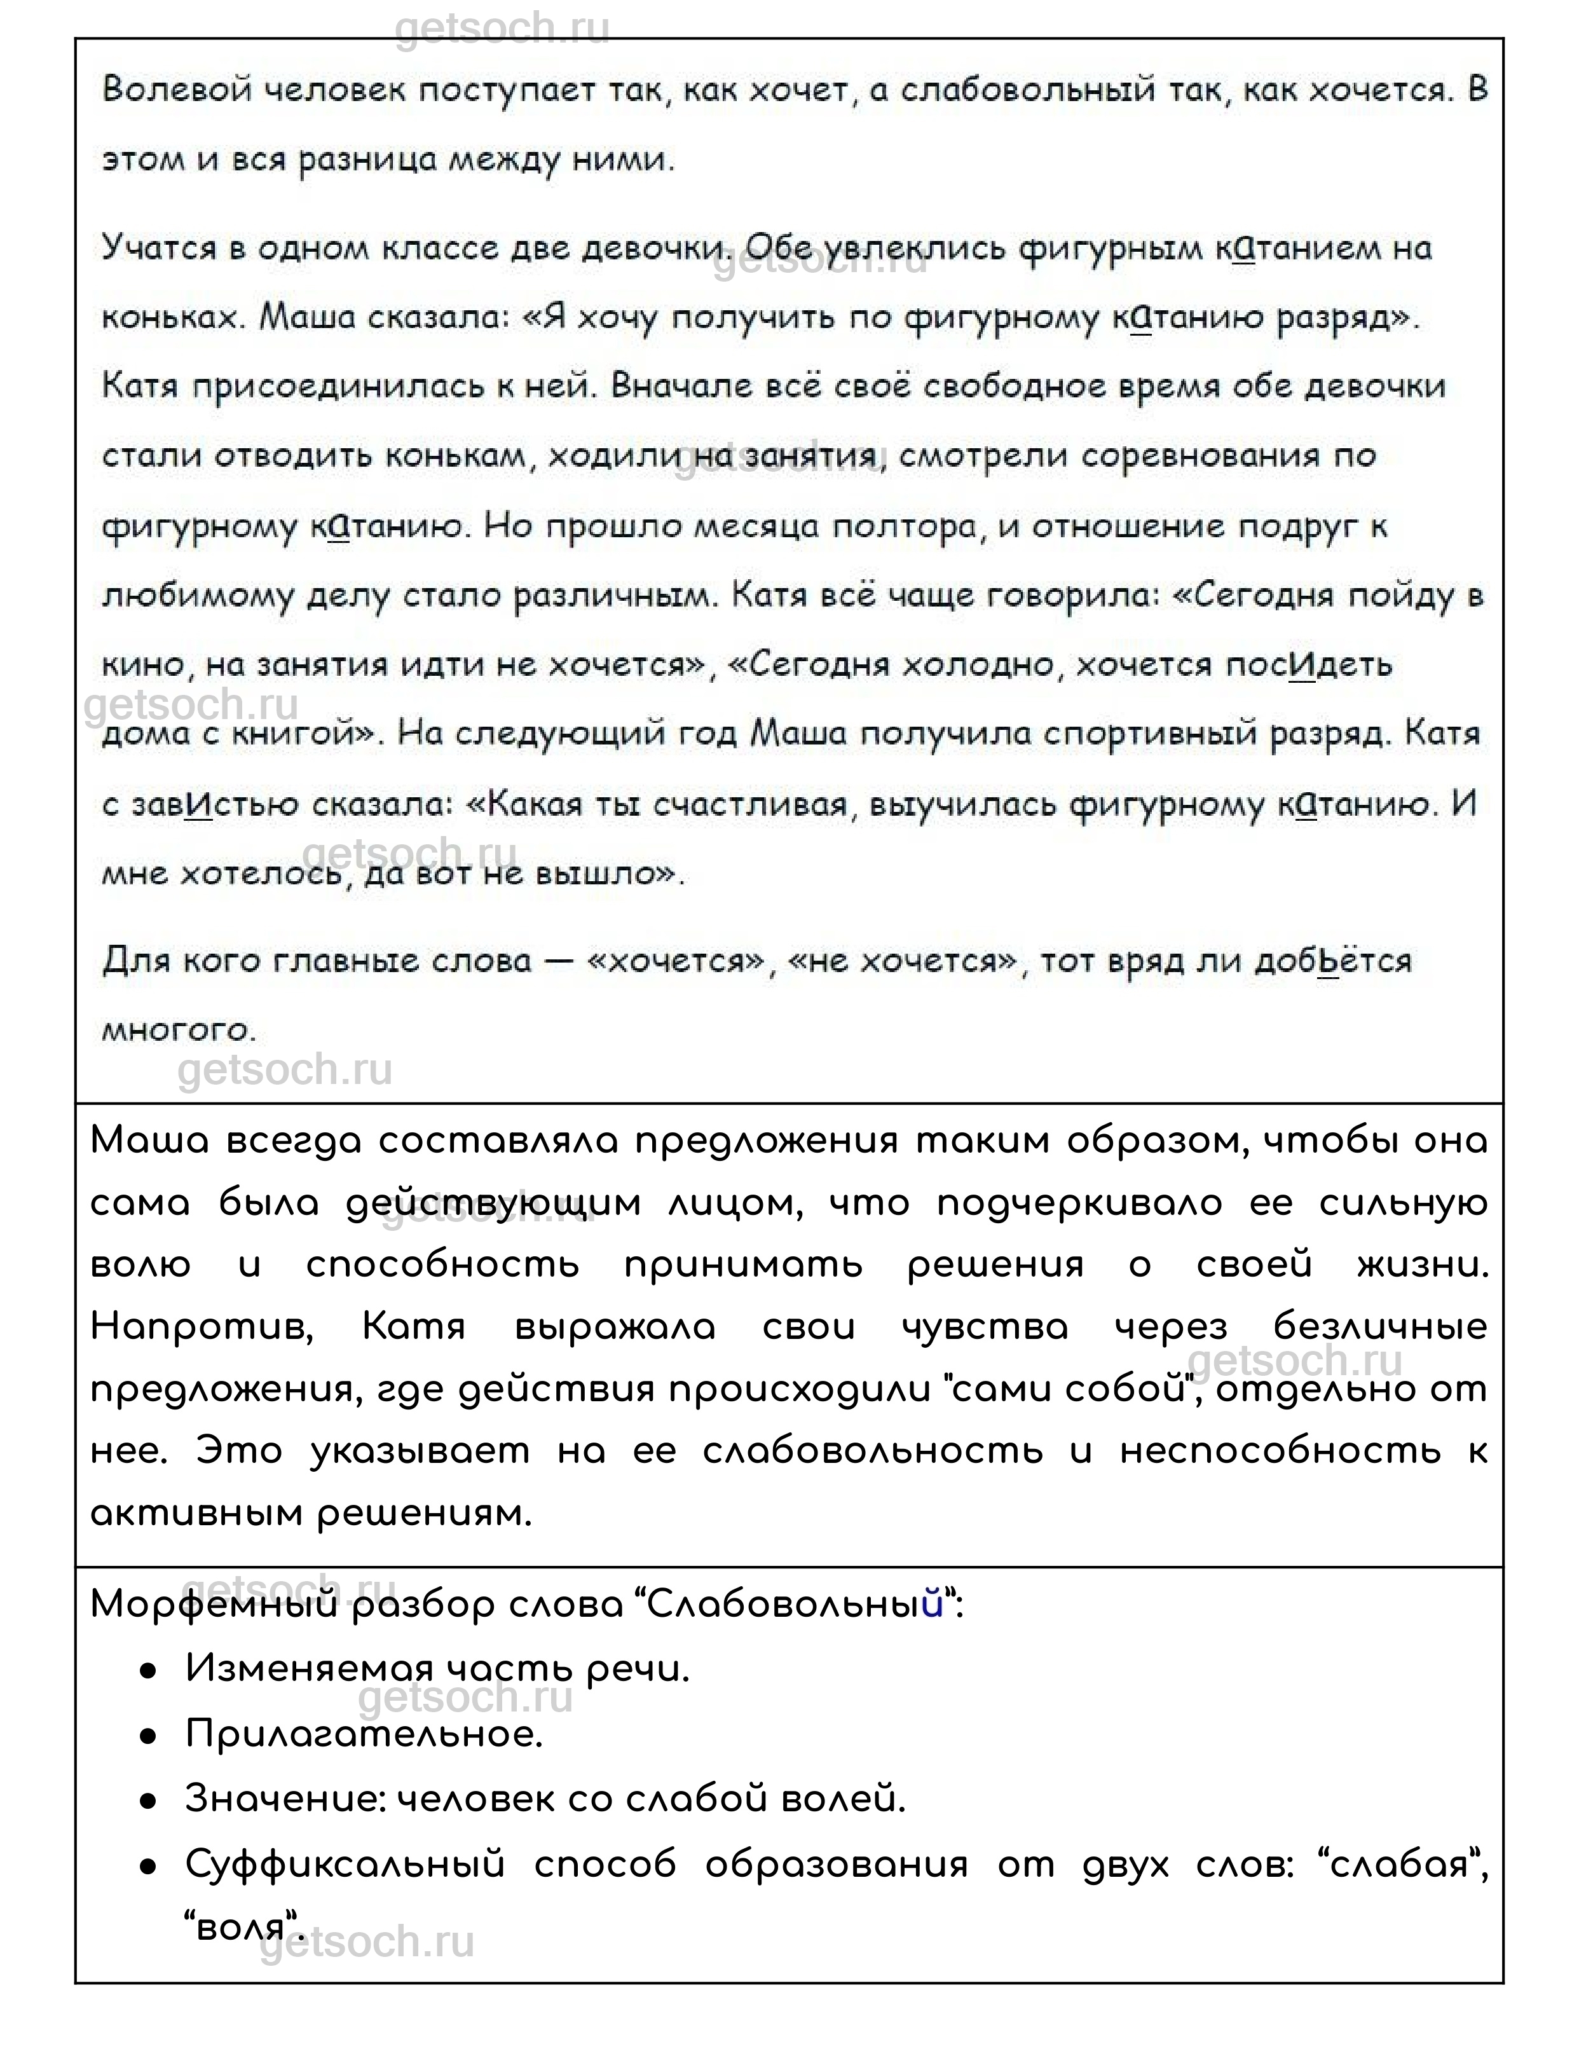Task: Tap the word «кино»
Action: (x=141, y=665)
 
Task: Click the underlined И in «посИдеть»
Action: (x=1302, y=665)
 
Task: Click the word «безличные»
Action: (x=1380, y=1327)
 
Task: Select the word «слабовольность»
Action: (x=872, y=1451)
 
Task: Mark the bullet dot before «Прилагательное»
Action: (x=147, y=1734)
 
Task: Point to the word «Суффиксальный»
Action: (x=345, y=1864)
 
